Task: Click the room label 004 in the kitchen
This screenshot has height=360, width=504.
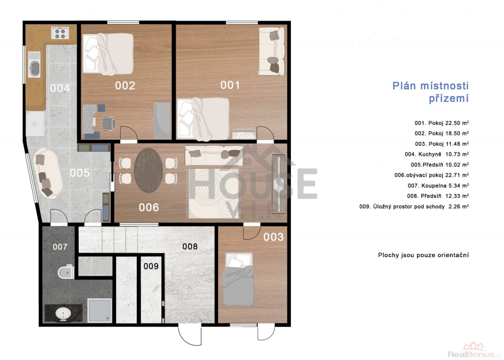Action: click(60, 88)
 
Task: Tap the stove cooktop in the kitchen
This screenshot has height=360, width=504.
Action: click(60, 33)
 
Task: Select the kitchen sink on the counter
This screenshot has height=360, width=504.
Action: click(34, 68)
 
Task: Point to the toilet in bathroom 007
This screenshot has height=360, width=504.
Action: click(66, 272)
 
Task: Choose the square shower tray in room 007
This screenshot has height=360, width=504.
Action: click(99, 310)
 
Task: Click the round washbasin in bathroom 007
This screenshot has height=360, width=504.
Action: click(63, 313)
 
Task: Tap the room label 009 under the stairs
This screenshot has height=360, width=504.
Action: click(151, 266)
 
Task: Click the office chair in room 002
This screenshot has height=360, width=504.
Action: click(109, 124)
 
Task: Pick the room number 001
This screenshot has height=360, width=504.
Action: click(230, 85)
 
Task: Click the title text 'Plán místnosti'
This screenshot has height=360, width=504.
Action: click(430, 86)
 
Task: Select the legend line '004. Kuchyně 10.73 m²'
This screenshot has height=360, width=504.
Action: click(437, 154)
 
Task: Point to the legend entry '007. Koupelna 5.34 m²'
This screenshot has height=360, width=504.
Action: click(438, 185)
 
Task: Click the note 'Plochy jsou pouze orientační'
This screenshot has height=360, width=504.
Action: click(423, 255)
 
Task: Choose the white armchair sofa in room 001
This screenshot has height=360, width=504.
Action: click(272, 52)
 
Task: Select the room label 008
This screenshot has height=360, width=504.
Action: click(189, 246)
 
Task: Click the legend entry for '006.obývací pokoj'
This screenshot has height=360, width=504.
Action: click(431, 175)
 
